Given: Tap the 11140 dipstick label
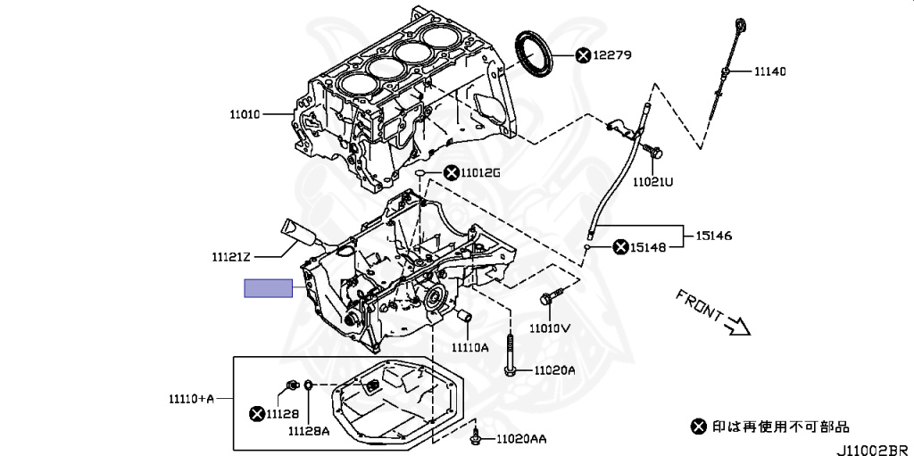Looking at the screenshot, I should [770, 71].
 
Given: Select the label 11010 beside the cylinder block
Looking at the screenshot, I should [244, 114].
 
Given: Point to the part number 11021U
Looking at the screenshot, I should [652, 182].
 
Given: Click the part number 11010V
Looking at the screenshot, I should [549, 327].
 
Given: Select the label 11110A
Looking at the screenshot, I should [469, 347].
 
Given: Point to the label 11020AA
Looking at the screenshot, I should [521, 439].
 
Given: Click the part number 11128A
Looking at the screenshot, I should [309, 431].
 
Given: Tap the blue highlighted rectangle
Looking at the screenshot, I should [270, 287].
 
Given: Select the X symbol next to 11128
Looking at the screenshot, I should [257, 413].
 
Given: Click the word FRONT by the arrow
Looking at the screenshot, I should [699, 304].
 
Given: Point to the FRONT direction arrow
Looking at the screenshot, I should [738, 327].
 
